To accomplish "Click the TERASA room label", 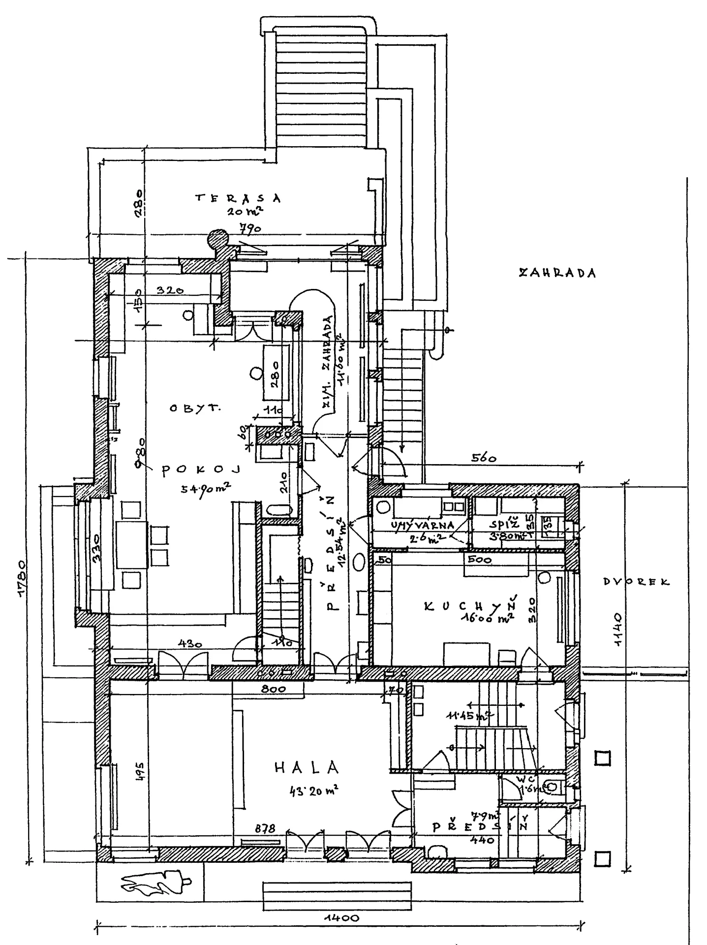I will pyautogui.click(x=238, y=198).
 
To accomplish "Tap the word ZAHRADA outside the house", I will pyautogui.click(x=557, y=273).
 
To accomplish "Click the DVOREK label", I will pyautogui.click(x=637, y=582).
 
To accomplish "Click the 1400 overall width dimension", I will pyautogui.click(x=342, y=918).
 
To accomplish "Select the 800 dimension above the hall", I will pyautogui.click(x=274, y=689).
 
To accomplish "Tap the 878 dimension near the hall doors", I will pyautogui.click(x=264, y=828).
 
